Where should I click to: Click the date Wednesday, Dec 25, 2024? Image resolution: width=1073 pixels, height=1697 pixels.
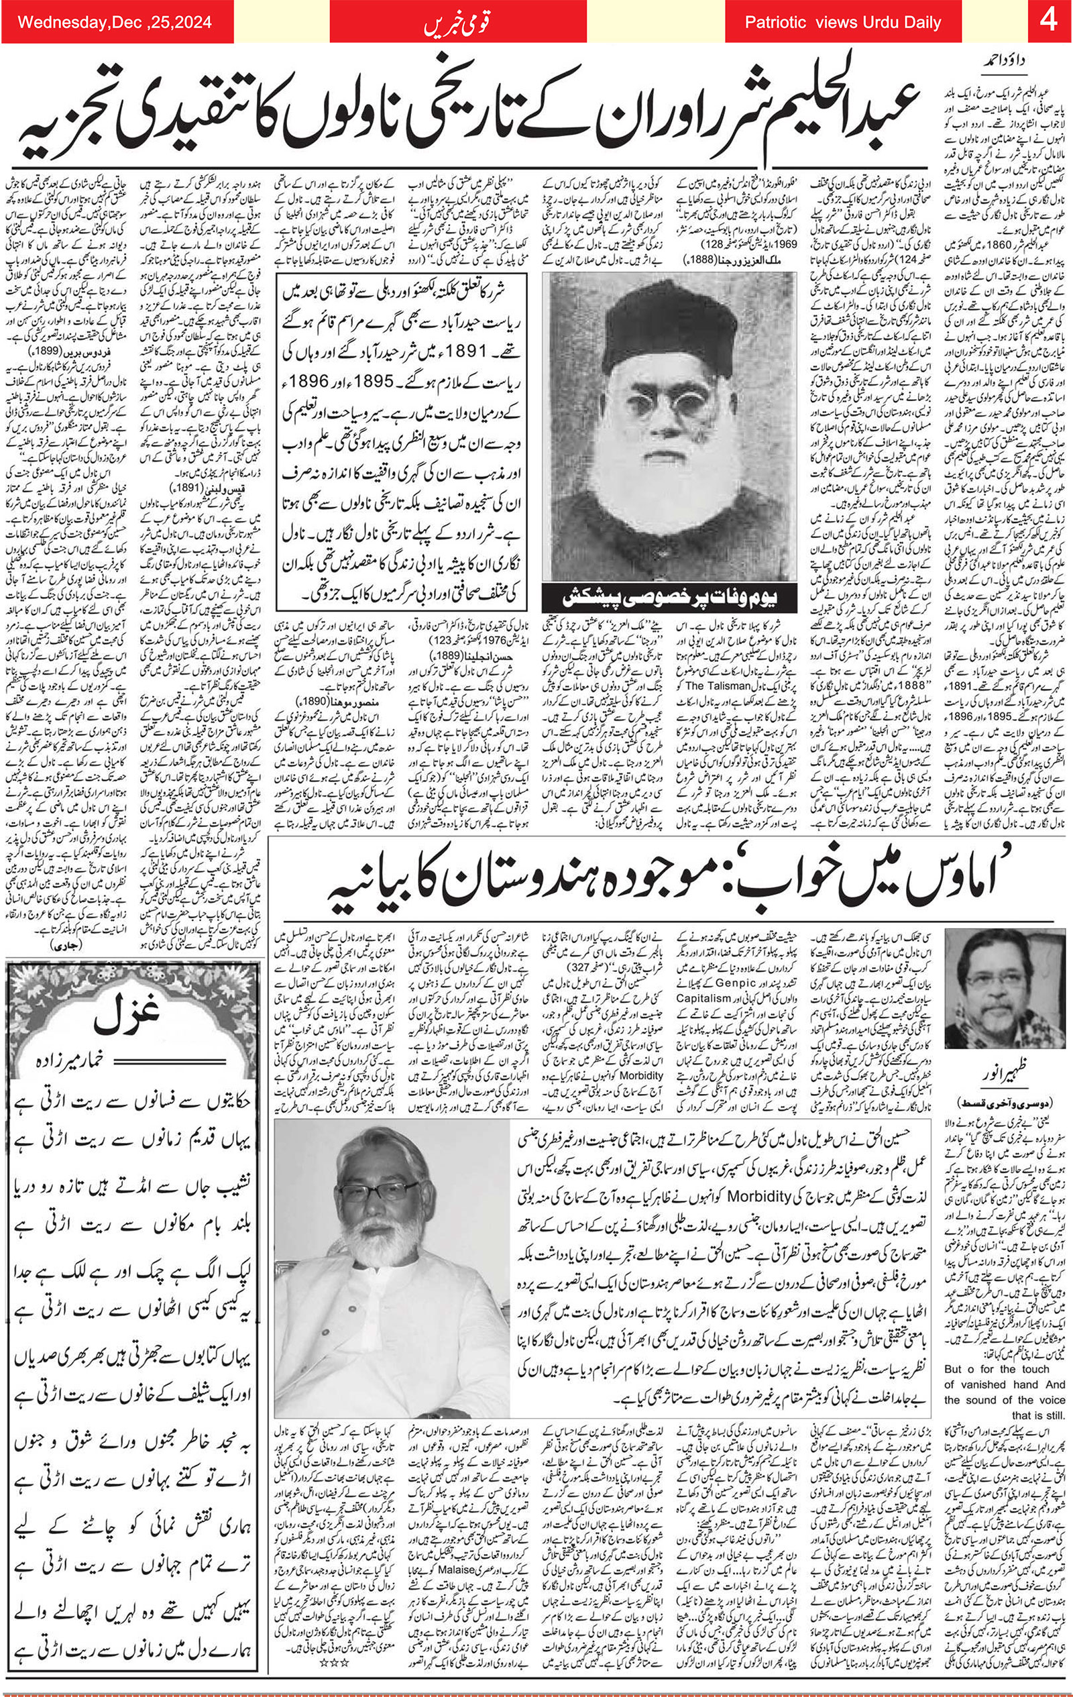114,22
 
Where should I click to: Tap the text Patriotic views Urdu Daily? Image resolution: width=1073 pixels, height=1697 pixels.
842,23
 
